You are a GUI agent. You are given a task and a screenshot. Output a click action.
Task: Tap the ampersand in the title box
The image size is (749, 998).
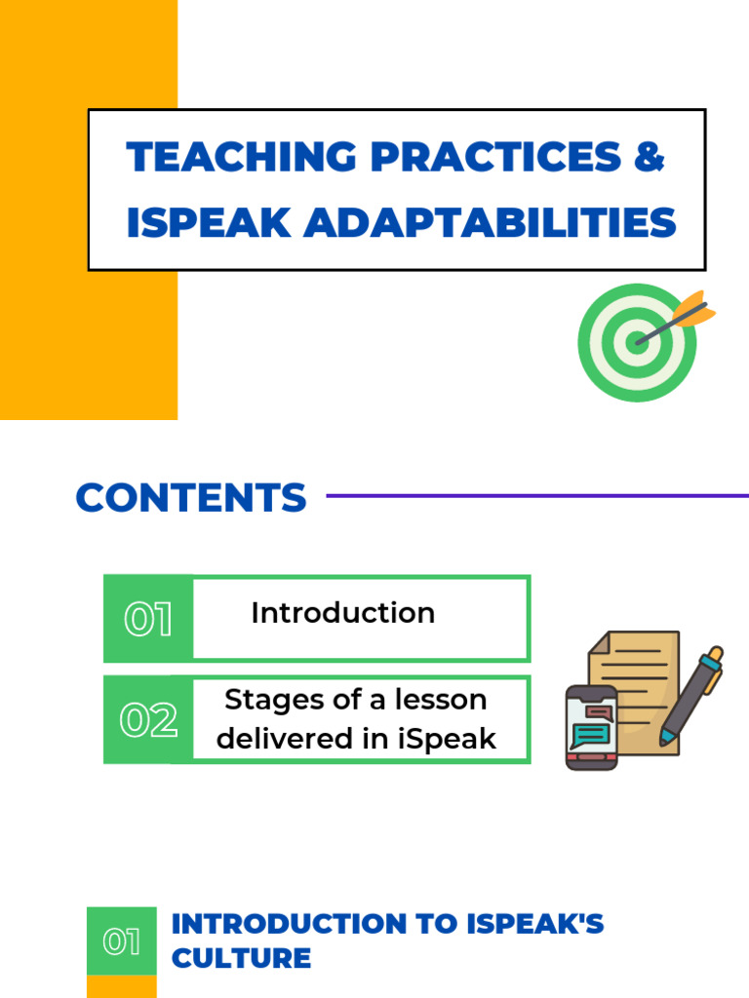[649, 158]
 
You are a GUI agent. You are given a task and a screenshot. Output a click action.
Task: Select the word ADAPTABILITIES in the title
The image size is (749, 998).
[490, 223]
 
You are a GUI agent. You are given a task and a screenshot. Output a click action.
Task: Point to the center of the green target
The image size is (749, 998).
[637, 342]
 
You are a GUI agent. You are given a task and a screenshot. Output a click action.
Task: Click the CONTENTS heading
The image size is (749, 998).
[191, 498]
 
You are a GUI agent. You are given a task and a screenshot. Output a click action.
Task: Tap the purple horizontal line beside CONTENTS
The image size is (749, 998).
[536, 496]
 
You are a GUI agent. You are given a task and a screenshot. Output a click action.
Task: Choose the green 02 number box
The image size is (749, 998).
[148, 720]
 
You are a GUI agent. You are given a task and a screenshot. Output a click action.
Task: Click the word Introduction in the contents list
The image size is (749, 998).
[342, 613]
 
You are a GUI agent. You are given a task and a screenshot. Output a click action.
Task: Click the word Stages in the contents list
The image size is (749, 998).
[262, 700]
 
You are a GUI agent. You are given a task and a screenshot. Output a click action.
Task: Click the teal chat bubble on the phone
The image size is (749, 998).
[592, 734]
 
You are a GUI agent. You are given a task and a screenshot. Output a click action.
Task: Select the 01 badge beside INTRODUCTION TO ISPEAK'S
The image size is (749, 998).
[121, 942]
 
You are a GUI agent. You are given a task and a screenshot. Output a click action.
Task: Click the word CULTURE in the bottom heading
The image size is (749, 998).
[241, 958]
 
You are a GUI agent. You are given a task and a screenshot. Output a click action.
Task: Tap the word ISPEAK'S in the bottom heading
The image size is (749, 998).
[538, 924]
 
